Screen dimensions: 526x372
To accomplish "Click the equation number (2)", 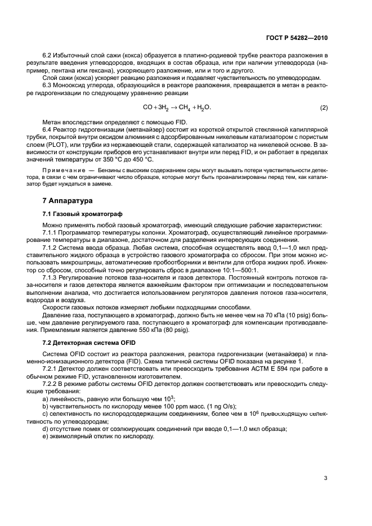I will pyautogui.click(x=324, y=107).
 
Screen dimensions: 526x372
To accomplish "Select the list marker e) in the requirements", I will pyautogui.click(x=45, y=437).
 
